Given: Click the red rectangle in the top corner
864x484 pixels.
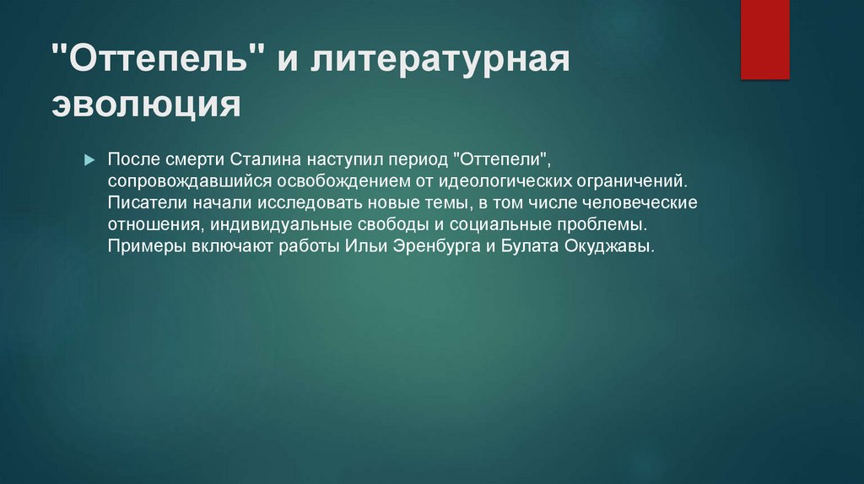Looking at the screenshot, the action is pos(764,39).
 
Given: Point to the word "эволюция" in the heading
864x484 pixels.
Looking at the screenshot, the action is pos(147,104).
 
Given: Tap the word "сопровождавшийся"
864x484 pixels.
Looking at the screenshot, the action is pos(190,181).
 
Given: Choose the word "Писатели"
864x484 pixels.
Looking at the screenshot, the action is pos(147,202).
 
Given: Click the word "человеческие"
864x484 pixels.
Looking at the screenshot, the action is pos(640,203).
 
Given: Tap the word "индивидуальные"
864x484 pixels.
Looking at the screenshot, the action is pos(281,225).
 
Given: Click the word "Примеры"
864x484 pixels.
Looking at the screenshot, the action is pos(147,246).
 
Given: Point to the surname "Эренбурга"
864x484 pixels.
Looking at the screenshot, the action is pos(436,246).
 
